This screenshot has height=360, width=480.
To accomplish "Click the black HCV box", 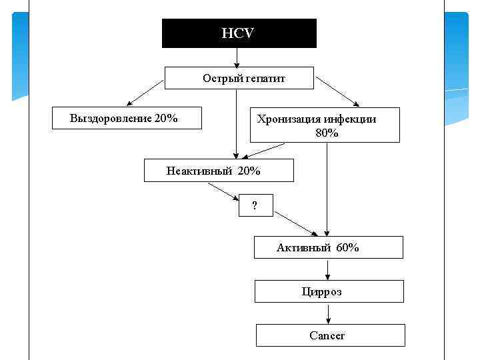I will (239, 33).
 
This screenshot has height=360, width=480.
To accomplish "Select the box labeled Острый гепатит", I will (239, 78).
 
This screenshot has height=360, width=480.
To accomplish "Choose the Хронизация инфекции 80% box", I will (325, 125).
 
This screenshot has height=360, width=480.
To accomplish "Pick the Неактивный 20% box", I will (219, 171).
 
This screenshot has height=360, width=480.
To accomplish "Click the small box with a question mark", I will (256, 206).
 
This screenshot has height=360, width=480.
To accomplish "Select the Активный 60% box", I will (329, 247).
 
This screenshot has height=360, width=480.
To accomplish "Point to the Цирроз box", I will (329, 291).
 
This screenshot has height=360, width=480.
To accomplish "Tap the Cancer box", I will (330, 335).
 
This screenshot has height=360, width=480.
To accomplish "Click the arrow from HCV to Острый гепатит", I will (237, 57).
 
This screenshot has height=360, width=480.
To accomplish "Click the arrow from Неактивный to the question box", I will (224, 191).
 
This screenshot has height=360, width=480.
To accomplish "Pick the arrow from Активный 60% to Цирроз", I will (327, 269).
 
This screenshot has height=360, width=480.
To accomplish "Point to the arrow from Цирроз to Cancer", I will (327, 313).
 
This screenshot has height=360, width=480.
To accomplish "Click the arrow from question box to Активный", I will (296, 224).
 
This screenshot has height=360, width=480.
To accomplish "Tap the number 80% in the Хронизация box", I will (327, 133).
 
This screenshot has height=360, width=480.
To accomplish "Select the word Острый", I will (217, 79).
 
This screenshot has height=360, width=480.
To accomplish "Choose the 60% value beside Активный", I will (348, 248).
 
